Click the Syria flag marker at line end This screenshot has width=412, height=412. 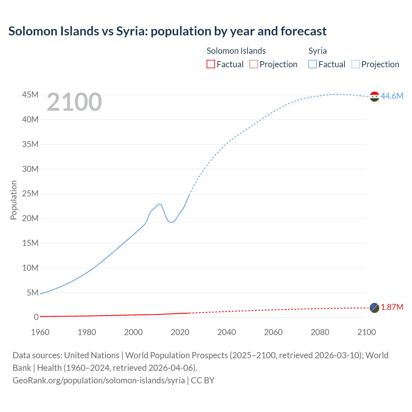tap(374, 96)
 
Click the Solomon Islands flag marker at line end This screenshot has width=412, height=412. tap(374, 308)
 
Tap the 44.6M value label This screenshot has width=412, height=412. tap(392, 96)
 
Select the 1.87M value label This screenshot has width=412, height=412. tap(392, 307)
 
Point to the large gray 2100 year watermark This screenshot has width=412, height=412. tap(74, 102)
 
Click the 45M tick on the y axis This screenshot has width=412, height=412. tap(30, 95)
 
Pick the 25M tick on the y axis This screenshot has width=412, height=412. tap(30, 194)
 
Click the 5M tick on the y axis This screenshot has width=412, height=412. tap(33, 293)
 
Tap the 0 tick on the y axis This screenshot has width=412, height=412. tap(36, 317)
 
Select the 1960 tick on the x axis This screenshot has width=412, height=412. tap(40, 332)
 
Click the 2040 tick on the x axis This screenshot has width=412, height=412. tap(227, 332)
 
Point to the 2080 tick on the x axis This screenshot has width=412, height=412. tap(320, 332)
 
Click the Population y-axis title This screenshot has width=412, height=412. tap(14, 200)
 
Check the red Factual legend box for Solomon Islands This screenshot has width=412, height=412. tap(211, 64)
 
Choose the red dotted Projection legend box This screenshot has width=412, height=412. tap(254, 64)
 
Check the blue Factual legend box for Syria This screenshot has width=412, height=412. tap(313, 64)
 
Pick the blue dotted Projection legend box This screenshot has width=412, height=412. tap(356, 64)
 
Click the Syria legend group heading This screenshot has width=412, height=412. tap(317, 51)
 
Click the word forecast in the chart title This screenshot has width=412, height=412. tap(304, 31)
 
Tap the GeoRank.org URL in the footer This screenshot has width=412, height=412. tap(98, 380)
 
